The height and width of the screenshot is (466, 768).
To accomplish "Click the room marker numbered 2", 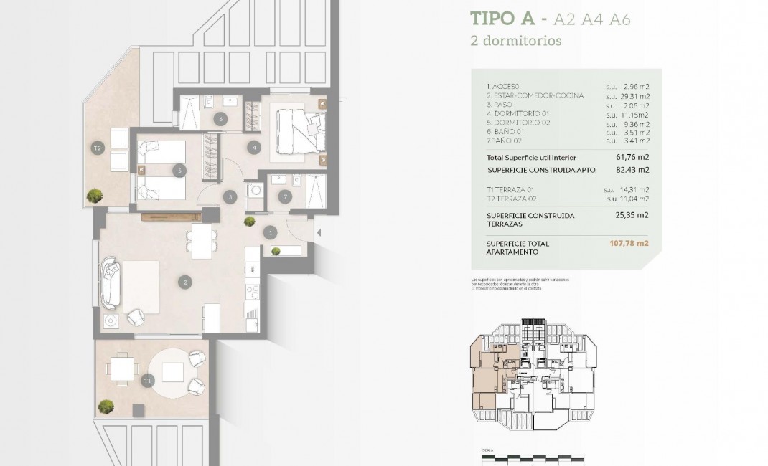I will pos(185,282).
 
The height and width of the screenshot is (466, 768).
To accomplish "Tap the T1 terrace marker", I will pos(148,380).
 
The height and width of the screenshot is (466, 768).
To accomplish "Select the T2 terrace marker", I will pos(98,148).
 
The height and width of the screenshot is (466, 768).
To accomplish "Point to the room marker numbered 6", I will pos(220,119).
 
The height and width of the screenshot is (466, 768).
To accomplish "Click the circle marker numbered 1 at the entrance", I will pos(271,232).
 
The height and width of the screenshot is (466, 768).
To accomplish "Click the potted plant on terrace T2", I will pos(93,195).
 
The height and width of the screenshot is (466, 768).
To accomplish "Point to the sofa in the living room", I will pos(112,280).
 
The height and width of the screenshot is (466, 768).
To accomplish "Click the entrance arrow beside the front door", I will pos(319,232).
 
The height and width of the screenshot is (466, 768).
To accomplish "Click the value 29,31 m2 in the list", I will pos(634,95).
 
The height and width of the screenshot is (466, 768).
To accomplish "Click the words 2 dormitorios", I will pos(515,41).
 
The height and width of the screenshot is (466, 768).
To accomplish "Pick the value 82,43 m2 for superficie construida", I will pos(633,170).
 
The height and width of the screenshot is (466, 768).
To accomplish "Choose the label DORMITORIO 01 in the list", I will pos(522,114).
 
